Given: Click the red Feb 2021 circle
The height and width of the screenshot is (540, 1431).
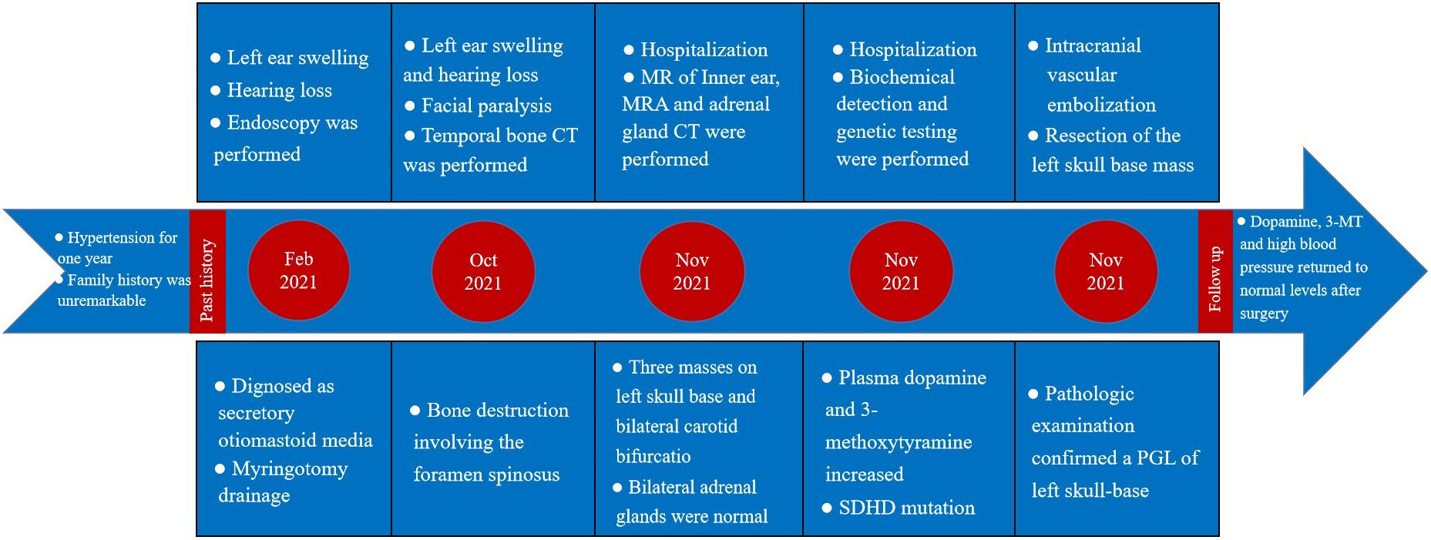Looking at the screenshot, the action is [298, 270].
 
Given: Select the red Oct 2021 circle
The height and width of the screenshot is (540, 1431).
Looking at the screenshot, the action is [483, 271].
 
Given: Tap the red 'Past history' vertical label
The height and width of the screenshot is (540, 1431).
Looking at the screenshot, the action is [207, 271].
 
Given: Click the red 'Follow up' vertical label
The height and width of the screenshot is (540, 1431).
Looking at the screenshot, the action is [1215, 271].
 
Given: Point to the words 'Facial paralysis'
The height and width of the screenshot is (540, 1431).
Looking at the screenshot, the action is [486, 106].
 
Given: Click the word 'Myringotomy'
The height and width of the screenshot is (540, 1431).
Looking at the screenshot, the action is [289, 469].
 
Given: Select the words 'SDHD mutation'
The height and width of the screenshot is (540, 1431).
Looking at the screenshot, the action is [906, 508].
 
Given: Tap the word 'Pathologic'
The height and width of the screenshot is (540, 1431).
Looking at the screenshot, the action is [1089, 394].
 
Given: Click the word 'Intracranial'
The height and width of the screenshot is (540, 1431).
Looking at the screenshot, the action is [1093, 45].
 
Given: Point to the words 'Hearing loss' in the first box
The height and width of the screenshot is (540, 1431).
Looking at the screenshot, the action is [279, 90].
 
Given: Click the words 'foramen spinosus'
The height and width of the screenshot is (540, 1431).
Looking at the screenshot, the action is [486, 475].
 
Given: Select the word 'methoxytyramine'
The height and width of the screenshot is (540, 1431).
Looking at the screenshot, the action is [898, 443].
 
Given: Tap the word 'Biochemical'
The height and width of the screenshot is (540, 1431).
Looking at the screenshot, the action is [902, 77].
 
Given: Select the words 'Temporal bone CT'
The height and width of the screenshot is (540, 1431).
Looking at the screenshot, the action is [499, 136].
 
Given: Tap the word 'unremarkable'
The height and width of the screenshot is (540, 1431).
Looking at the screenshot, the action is [102, 300].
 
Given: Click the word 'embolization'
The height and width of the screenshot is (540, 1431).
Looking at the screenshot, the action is [1101, 105].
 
